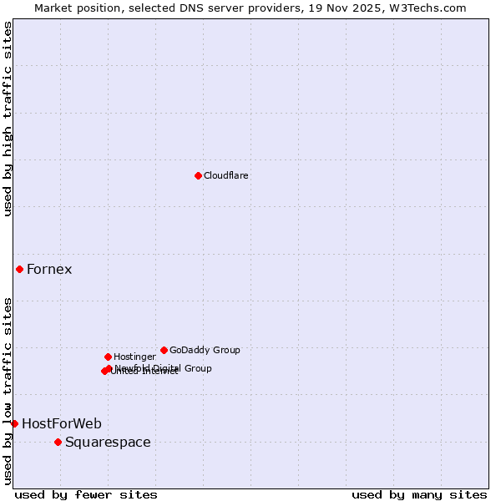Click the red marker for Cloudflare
click(x=198, y=175)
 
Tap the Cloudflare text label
click(x=225, y=175)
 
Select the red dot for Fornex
click(x=19, y=269)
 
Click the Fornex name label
click(x=49, y=269)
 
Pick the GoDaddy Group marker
click(x=164, y=350)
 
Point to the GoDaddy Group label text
click(x=205, y=350)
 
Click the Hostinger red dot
click(x=108, y=357)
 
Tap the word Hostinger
click(x=134, y=357)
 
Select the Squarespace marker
click(x=58, y=442)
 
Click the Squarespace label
click(x=108, y=442)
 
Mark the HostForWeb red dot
click(x=14, y=423)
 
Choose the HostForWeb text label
click(x=62, y=423)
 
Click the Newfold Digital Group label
click(x=163, y=367)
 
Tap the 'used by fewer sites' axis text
click(x=86, y=494)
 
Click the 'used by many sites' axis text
click(x=418, y=494)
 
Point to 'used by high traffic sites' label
click(x=8, y=119)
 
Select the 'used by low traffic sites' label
click(x=8, y=390)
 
